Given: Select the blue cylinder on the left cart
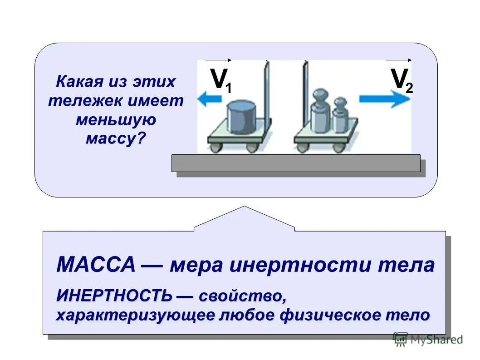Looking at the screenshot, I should click(241, 117).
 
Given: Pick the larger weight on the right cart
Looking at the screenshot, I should click(320, 112).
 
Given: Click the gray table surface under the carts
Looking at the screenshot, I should click(296, 163).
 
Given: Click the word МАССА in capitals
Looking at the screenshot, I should click(96, 264).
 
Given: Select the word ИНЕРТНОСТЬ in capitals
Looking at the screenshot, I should click(114, 296).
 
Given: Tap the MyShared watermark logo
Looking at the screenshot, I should click(428, 339).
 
